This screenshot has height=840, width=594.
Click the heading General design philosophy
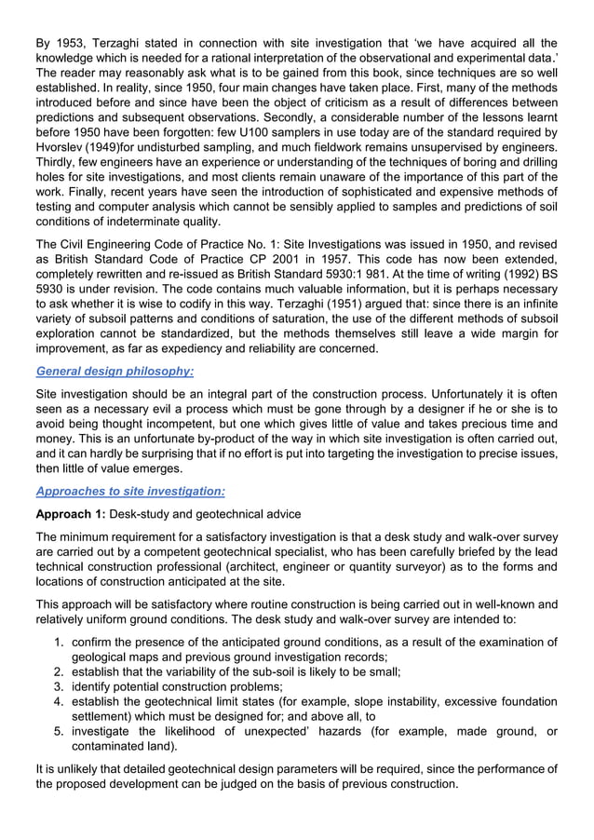coord(114,371)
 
